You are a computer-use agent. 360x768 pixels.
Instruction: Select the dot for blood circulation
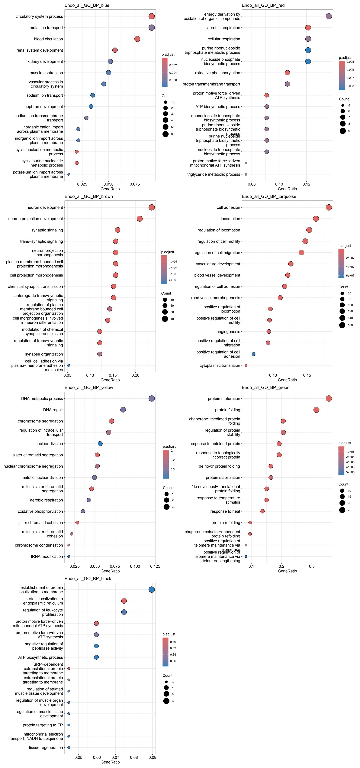137,39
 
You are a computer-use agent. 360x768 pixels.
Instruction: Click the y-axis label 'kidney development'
45,61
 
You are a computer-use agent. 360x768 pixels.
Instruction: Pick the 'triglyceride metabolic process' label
213,174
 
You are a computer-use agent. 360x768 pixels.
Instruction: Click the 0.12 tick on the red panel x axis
306,184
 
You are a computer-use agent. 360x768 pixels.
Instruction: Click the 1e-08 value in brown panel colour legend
173,262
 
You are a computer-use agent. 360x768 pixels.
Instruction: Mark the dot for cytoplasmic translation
246,365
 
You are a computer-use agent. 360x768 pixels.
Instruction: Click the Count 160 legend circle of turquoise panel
342,325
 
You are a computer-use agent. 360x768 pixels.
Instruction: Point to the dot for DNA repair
123,410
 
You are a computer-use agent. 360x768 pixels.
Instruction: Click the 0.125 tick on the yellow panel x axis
155,566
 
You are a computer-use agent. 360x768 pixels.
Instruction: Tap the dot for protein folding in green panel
316,410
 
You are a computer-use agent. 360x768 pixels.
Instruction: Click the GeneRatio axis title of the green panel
287,571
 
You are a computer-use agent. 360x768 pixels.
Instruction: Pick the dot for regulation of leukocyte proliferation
124,612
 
